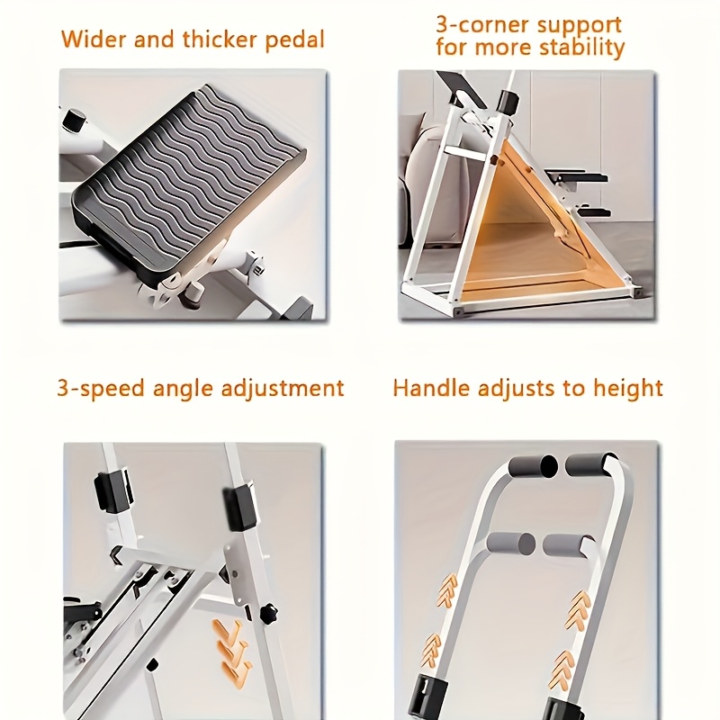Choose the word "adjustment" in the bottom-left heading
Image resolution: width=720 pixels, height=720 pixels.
tap(283, 389)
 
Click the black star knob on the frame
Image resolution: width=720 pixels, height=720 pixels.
tap(268, 614)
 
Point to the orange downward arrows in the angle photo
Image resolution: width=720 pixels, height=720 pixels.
tap(233, 652)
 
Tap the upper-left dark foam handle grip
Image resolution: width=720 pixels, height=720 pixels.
tap(533, 466)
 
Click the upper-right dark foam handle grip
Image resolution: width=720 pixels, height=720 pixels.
tap(591, 464)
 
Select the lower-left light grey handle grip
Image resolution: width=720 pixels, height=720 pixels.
tap(511, 544)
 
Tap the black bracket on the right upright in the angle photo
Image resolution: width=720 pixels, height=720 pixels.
tap(239, 506)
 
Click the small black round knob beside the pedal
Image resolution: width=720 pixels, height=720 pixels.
tap(74, 119)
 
